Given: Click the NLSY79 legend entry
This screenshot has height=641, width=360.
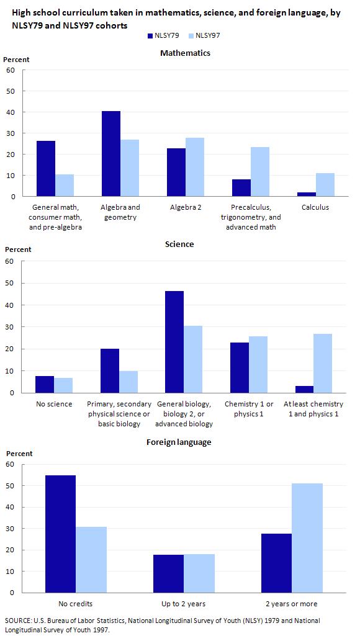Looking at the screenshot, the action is coord(163,35).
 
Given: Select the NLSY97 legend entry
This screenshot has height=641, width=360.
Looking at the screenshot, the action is coord(204,35).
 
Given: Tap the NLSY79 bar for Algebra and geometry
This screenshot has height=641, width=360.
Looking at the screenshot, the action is coord(111,154).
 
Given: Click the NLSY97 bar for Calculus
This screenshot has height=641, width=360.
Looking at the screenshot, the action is coord(325,185).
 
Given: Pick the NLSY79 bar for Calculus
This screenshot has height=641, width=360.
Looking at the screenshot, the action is coord(307,195).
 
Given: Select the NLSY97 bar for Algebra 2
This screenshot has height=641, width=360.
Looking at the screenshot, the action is coord(195,167).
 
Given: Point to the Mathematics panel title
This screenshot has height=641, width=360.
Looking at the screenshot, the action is coord(186,53).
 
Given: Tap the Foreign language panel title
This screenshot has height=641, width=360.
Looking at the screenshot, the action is coord(179,442).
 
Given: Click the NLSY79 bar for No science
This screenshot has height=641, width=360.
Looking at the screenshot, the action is coord(45,384).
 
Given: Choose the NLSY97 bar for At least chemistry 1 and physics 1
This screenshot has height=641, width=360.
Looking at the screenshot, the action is coord(323,364).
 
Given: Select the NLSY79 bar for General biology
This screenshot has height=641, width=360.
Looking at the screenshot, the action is coord(174,342).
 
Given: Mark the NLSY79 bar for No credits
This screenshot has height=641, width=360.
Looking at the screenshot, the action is coord(61,534).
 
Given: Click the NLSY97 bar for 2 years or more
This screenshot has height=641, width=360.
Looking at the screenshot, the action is coord(307,538).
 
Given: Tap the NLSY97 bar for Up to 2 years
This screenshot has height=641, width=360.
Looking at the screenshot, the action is coord(199,573).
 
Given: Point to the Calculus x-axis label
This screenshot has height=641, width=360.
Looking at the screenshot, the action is coord(315,207).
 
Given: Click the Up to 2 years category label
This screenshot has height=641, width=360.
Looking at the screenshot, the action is coord(184,604).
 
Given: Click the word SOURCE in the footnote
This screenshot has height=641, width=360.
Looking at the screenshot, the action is coord(16,621).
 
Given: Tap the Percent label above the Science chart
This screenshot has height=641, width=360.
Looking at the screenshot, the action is coord(17,249).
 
